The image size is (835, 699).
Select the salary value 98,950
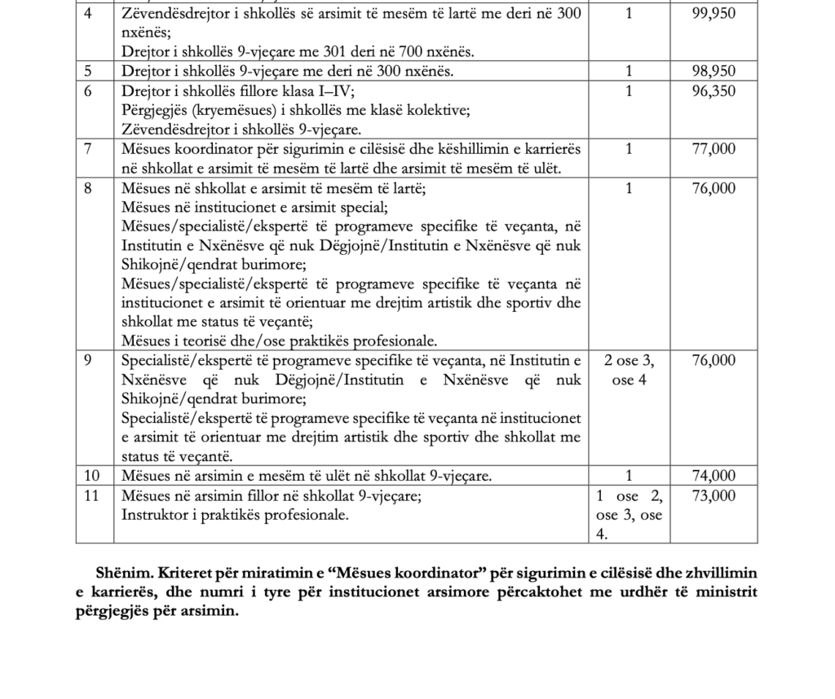714,72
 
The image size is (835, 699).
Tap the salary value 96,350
714,91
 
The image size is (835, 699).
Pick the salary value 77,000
714,149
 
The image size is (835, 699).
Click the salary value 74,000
714,476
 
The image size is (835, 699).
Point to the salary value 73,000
714,496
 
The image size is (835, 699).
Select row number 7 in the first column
91,149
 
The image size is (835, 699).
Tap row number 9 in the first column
91,360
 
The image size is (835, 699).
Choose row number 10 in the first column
91,476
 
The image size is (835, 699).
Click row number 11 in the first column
91,496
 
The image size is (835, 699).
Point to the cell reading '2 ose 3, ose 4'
629,370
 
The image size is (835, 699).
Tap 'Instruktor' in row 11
153,515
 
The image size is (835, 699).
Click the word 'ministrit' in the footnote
727,592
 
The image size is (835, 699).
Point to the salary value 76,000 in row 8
714,188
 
